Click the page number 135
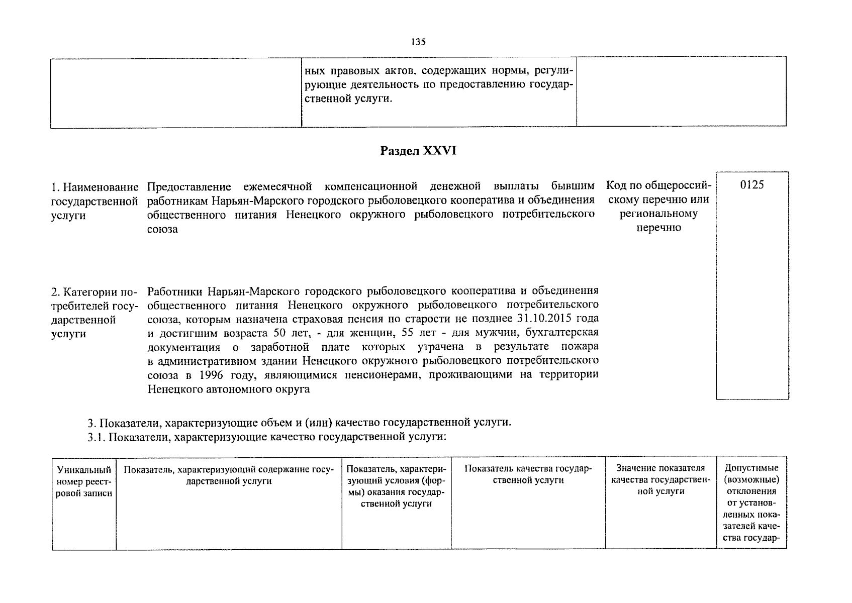pyautogui.click(x=418, y=42)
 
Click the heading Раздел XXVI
pyautogui.click(x=418, y=151)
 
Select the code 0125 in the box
pyautogui.click(x=752, y=185)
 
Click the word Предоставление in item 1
pyautogui.click(x=189, y=187)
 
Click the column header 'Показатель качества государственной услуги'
pyautogui.click(x=528, y=474)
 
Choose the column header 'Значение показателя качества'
pyautogui.click(x=660, y=480)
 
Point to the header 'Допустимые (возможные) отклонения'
pyautogui.click(x=751, y=479)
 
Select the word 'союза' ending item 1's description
pyautogui.click(x=162, y=230)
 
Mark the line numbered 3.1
pyautogui.click(x=266, y=437)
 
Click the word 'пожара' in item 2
pyautogui.click(x=581, y=347)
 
